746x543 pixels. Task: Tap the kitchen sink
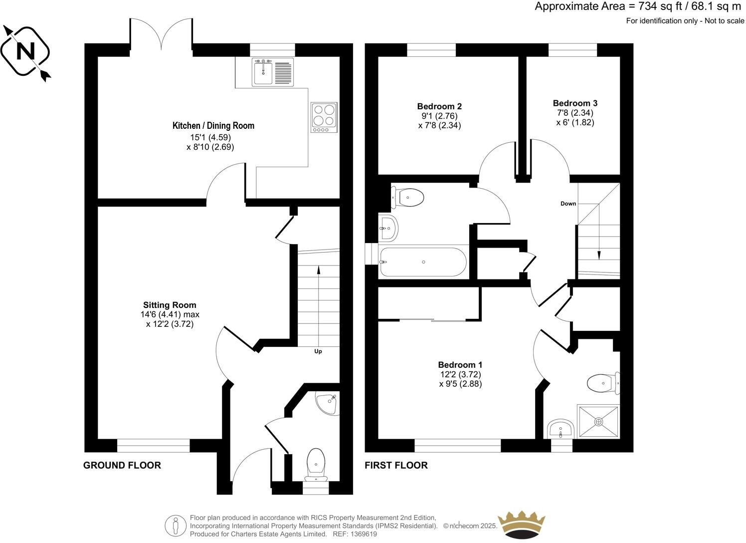click(262, 72)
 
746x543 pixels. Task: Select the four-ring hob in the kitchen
click(324, 117)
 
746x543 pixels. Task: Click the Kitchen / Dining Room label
click(213, 126)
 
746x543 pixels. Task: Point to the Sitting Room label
click(170, 305)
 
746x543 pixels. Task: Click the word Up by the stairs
click(318, 351)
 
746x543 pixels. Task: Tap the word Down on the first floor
click(568, 204)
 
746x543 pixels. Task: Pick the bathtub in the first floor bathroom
click(423, 262)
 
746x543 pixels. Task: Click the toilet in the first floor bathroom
click(409, 197)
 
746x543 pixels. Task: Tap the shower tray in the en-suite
click(598, 421)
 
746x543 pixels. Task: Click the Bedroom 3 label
click(575, 103)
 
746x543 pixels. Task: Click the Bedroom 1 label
click(460, 365)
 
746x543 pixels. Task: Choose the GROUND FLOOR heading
click(122, 465)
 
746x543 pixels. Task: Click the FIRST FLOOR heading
click(396, 465)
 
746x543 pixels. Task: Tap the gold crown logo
click(522, 524)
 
